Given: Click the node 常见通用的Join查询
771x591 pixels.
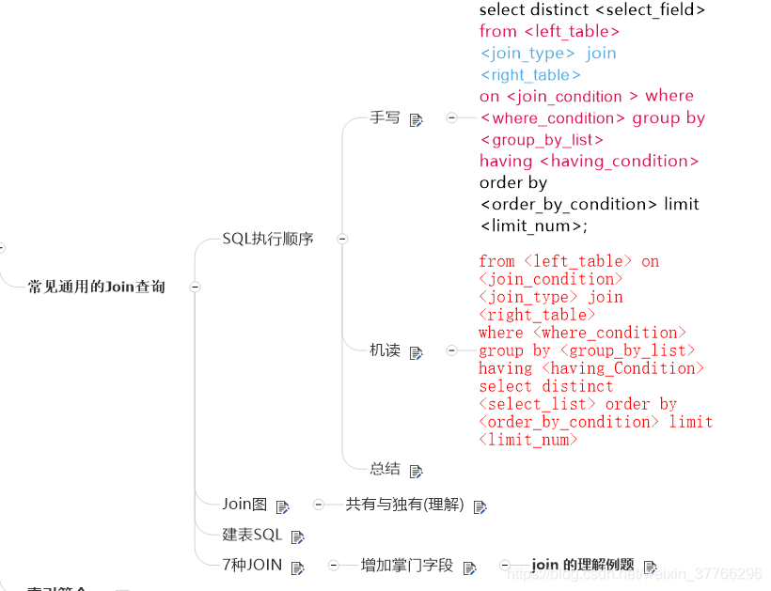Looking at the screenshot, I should [97, 287].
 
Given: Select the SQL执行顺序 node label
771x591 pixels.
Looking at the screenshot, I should [268, 239].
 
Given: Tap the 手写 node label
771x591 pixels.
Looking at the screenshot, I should [385, 118].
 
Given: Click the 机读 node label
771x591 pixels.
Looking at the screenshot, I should [385, 350].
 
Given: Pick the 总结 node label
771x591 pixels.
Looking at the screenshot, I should [385, 469].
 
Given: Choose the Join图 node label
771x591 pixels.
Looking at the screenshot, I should [245, 505].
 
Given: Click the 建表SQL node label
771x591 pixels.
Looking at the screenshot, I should [252, 535].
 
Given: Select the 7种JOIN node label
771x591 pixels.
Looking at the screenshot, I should [252, 566].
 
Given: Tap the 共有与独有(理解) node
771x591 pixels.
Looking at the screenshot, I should [405, 505].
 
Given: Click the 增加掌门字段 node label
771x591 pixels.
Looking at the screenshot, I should [407, 566].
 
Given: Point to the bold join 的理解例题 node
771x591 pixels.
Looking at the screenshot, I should [583, 566].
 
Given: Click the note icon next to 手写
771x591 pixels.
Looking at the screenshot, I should [417, 120].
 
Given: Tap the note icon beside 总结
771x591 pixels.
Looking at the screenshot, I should [417, 471].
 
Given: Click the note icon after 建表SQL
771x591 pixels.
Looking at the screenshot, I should [298, 537].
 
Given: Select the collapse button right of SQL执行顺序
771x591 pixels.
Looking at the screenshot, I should [342, 239].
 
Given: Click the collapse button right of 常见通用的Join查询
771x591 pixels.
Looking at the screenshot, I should [195, 287].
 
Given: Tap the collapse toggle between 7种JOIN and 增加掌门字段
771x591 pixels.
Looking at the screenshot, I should [334, 566].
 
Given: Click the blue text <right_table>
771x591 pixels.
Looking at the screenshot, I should [531, 75].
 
